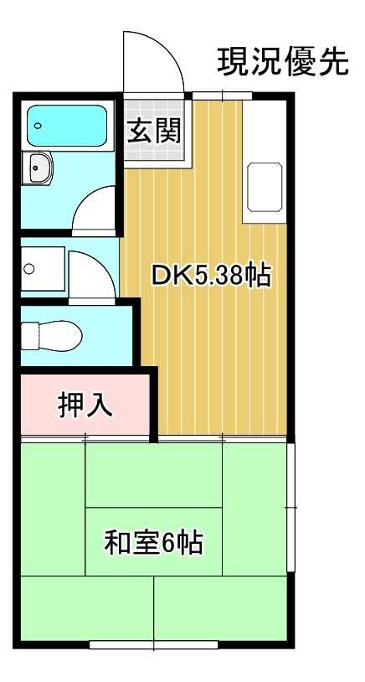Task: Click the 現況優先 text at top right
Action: (282, 61)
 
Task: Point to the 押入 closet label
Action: (85, 405)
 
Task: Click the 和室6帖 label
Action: (153, 543)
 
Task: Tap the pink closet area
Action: (84, 406)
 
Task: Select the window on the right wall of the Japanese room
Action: (291, 507)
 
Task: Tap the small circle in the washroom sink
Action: (28, 270)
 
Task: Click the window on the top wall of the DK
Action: (223, 96)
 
